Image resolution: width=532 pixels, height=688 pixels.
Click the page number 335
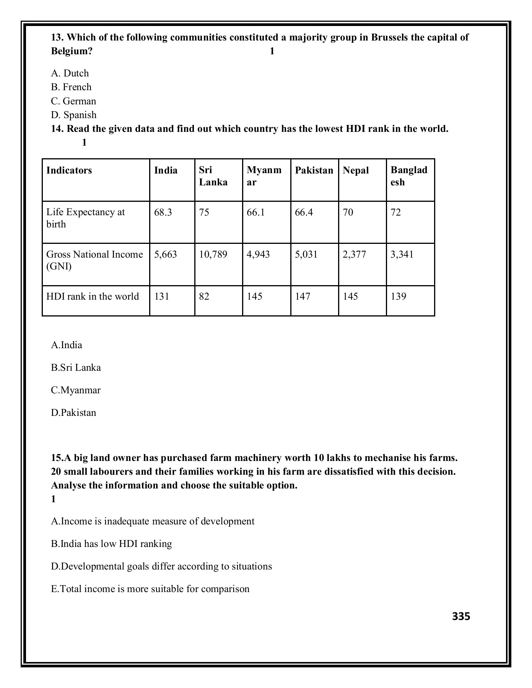pos(461,617)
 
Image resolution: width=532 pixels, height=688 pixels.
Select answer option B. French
pos(72,87)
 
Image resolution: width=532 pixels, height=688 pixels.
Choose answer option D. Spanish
pos(74,115)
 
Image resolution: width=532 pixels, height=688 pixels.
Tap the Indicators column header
pos(69,170)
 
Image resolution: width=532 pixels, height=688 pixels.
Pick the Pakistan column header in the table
pos(314,170)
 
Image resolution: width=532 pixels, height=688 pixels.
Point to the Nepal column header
pos(356,170)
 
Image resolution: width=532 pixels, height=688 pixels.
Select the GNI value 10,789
pos(213,255)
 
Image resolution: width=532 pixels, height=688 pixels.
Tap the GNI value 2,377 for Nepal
pos(354,255)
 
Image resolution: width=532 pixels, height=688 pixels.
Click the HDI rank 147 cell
pos(303,297)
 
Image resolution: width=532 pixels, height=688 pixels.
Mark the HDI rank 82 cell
pos(204,297)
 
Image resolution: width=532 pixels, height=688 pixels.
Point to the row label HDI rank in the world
pos(93,297)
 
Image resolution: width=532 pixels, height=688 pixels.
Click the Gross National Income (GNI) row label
pos(94,260)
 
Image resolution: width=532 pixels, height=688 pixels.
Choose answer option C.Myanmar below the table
pos(76,390)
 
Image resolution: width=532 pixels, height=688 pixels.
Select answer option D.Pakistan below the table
pos(73,413)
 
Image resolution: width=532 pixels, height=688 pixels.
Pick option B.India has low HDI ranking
pos(111,544)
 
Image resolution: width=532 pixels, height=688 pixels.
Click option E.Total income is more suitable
pos(150,589)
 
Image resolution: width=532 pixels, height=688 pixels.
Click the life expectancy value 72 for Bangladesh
pos(396,213)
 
